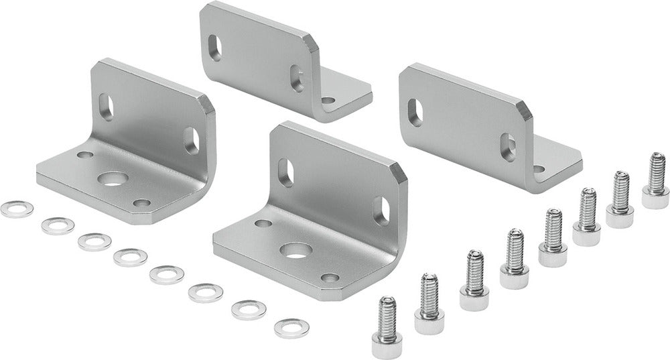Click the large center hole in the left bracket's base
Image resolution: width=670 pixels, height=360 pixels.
(111, 179)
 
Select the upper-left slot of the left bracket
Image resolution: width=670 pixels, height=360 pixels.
(107, 105)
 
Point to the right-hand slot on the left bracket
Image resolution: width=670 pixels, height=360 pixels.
(192, 140)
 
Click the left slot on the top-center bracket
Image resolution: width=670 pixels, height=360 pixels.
(214, 46)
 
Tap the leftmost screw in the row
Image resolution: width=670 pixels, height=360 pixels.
(386, 320)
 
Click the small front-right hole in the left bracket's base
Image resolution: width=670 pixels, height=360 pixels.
(141, 202)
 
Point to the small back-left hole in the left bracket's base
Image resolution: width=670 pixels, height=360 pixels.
(84, 155)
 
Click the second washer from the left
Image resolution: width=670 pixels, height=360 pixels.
(56, 225)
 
